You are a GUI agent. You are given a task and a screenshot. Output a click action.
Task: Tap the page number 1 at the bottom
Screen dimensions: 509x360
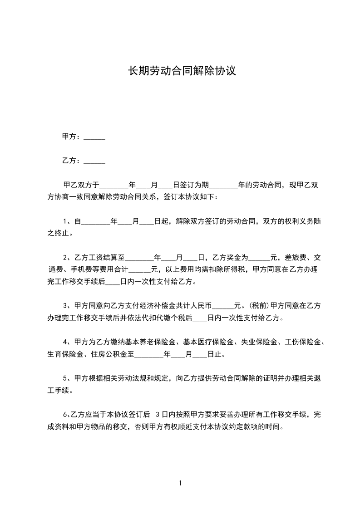pos(180,483)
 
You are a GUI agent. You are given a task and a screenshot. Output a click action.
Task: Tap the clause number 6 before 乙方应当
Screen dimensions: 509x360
pos(64,414)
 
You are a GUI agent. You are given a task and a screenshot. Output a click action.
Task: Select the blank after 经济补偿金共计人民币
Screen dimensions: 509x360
pos(222,306)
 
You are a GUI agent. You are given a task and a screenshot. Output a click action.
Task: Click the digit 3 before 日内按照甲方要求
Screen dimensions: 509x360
pos(158,414)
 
